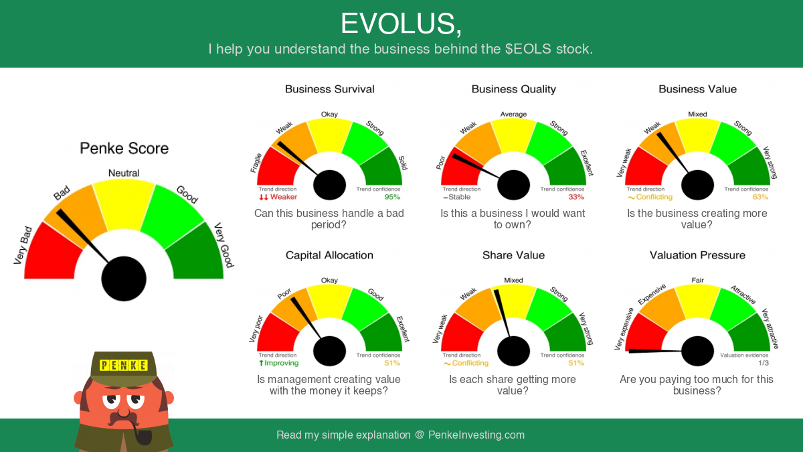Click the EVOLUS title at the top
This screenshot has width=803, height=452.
coord(401,23)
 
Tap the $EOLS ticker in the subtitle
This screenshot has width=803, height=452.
coord(528,49)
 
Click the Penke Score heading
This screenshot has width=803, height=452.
coord(124,148)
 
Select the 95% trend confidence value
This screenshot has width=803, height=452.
coord(392,197)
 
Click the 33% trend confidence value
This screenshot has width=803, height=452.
coord(576,197)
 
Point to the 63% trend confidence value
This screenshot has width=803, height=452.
coord(760,197)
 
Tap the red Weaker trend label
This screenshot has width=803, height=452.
coord(278,197)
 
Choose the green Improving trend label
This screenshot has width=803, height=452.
coord(278,363)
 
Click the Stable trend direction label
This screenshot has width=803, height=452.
coord(456,197)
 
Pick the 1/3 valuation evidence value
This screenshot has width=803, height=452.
coord(764,363)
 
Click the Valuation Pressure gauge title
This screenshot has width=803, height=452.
coord(697,255)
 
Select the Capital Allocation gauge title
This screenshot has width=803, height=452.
coord(329,255)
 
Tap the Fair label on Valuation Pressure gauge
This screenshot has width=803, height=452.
coord(697,280)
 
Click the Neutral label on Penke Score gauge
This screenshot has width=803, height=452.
coord(124,173)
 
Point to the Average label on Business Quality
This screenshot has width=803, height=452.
coord(513,114)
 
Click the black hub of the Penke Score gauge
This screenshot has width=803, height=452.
coord(124,279)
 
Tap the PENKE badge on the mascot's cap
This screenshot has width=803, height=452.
coord(124,365)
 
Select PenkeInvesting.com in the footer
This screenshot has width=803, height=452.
coord(476,435)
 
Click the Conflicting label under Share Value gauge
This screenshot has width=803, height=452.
coord(466,363)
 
